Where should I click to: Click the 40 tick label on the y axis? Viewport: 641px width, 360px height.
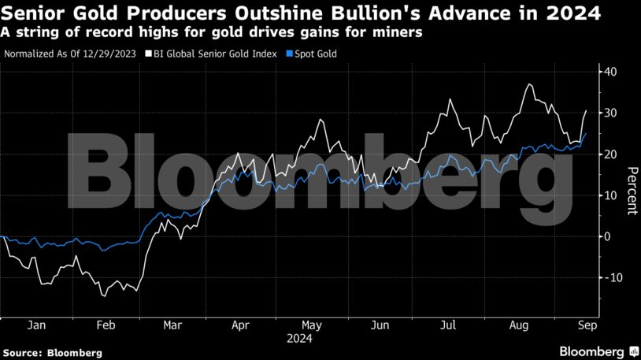[610, 72]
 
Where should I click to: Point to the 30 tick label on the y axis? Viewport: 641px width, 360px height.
[610, 113]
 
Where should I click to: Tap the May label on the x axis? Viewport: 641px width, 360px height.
[312, 325]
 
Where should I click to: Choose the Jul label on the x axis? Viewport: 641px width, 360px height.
[448, 325]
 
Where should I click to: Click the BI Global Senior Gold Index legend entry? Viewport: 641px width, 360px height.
[218, 54]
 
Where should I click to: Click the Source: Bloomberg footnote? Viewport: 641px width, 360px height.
[52, 353]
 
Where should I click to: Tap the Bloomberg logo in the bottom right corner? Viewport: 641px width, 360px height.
[598, 351]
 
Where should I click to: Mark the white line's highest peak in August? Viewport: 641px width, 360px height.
[530, 84]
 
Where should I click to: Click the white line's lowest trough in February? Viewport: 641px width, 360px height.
[103, 295]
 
